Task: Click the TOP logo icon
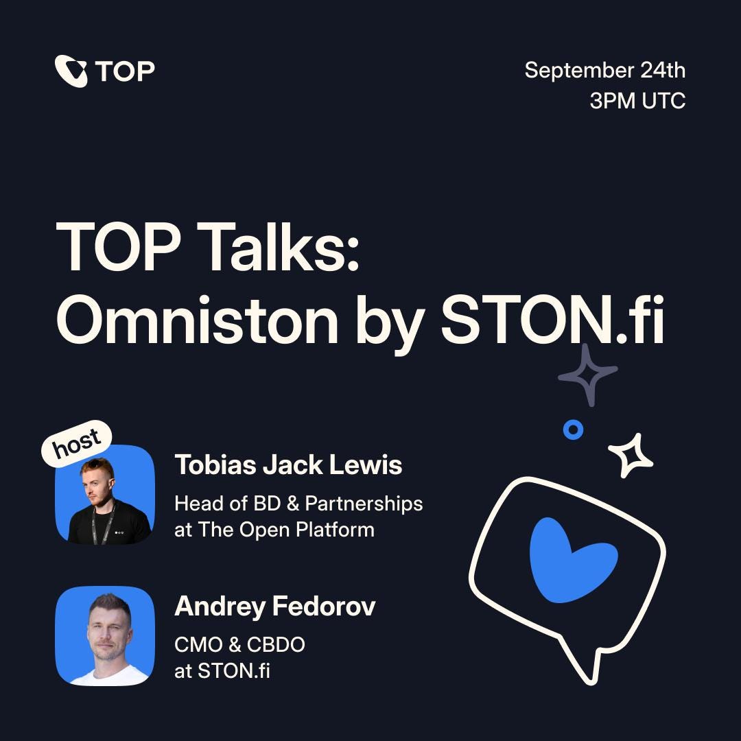point(71,71)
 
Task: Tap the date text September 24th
point(604,70)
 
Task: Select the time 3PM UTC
point(637,101)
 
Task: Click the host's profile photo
point(104,495)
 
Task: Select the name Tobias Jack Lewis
point(288,465)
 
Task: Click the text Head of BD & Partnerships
point(298,504)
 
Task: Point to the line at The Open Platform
point(274,530)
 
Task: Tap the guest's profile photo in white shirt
point(104,636)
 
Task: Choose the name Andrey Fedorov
point(274,607)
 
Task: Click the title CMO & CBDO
point(239,645)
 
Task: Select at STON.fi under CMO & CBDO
point(222,671)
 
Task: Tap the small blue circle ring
point(573,430)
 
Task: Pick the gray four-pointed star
point(587,374)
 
